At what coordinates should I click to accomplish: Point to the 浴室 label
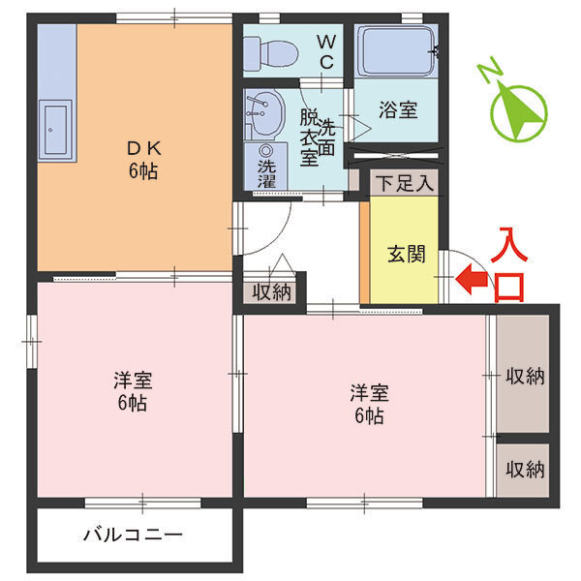(398, 109)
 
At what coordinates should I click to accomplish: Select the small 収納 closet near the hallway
(272, 292)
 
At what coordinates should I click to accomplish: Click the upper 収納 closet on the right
(524, 376)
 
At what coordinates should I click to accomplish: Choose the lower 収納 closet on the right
(524, 469)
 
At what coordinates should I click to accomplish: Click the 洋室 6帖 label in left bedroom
(134, 389)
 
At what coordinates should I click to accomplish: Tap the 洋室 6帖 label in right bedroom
(369, 404)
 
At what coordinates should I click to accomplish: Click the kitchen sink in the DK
(55, 132)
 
